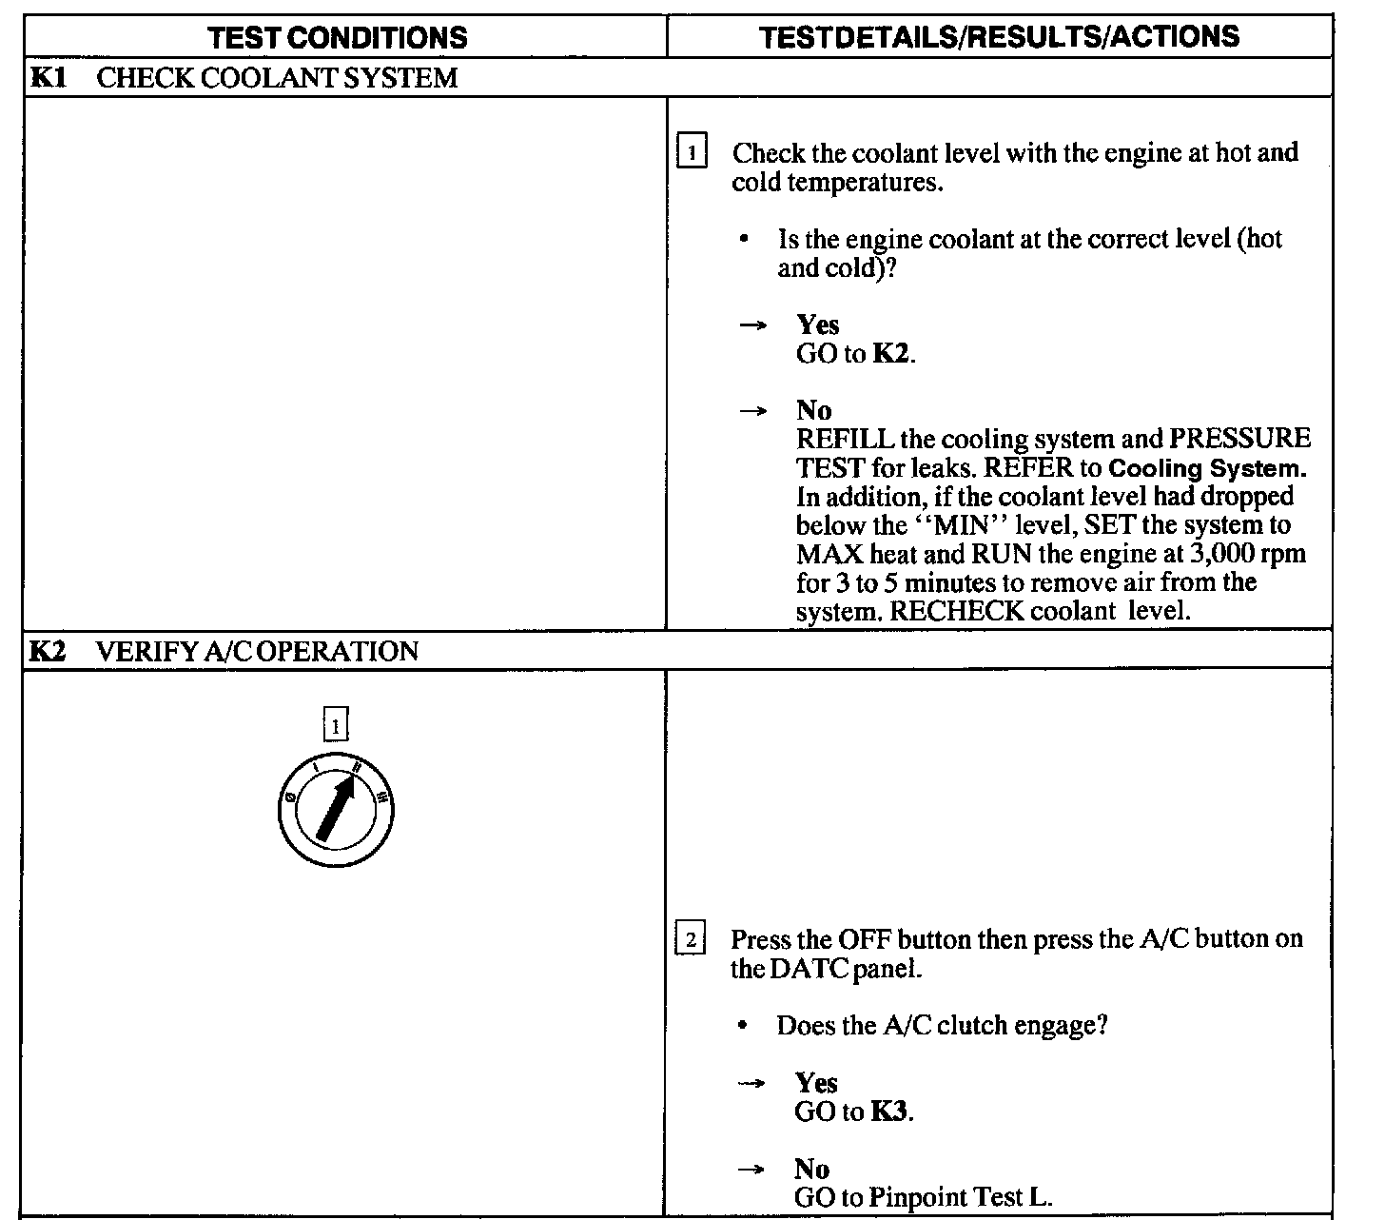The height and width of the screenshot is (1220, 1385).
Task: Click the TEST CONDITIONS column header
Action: coord(338,37)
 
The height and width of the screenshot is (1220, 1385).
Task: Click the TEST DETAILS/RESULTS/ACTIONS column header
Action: coord(1000,37)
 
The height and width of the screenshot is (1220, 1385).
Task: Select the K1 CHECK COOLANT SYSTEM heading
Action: coord(244,78)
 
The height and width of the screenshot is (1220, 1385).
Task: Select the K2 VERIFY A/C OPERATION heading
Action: coord(224,652)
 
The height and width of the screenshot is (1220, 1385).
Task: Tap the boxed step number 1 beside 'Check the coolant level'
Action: coord(692,152)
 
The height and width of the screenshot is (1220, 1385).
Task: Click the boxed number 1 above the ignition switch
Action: coord(336,726)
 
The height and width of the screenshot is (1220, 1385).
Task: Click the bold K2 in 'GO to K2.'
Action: coord(891,354)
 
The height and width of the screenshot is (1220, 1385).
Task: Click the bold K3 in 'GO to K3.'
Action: coord(889,1112)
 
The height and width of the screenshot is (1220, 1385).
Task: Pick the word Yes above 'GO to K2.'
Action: coord(818,325)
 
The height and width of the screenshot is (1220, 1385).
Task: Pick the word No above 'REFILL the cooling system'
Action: coord(814,411)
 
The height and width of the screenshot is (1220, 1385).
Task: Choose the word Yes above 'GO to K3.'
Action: coord(816,1083)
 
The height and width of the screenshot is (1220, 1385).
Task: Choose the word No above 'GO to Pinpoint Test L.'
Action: coord(812,1169)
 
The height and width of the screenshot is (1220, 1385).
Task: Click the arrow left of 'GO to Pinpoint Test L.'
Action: coord(752,1170)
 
